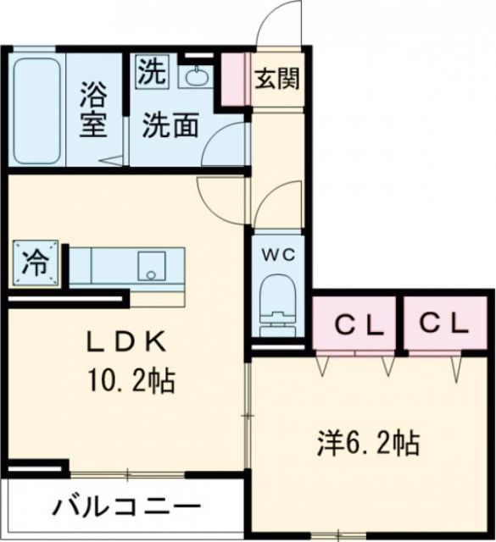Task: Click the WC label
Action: click(x=276, y=254)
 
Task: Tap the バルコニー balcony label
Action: click(x=123, y=507)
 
